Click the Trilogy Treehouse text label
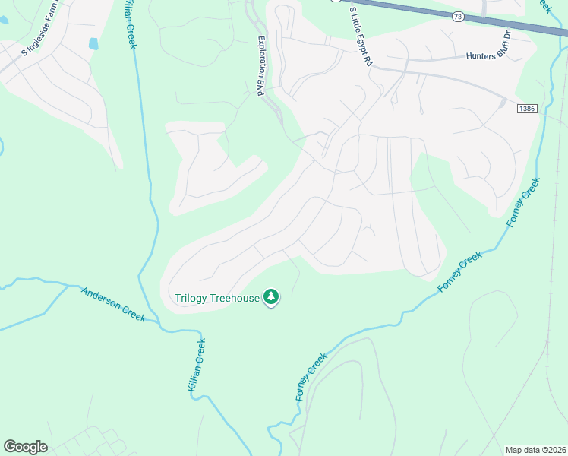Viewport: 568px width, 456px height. pyautogui.click(x=217, y=299)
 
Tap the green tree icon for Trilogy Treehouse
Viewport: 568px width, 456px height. pyautogui.click(x=271, y=297)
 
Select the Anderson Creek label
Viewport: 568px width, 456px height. pyautogui.click(x=113, y=305)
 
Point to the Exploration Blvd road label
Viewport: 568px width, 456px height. pyautogui.click(x=261, y=66)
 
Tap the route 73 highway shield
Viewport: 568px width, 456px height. pyautogui.click(x=457, y=16)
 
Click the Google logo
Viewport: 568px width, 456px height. pyautogui.click(x=25, y=447)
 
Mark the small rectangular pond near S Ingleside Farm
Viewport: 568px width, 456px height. pyautogui.click(x=93, y=44)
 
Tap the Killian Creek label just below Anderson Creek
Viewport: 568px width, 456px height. pyautogui.click(x=197, y=365)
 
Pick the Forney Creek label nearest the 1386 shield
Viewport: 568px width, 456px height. pyautogui.click(x=523, y=201)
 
